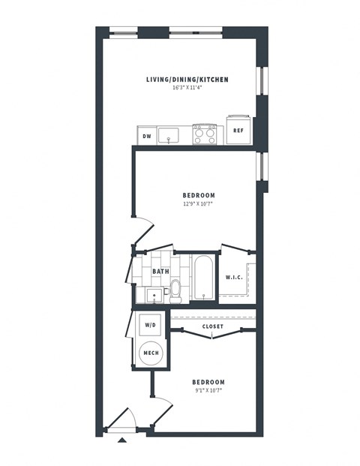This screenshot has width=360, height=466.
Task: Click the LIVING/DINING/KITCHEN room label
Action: tap(187, 80)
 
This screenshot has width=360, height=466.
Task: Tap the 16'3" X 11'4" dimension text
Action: tap(187, 89)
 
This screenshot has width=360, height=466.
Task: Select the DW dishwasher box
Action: tap(146, 136)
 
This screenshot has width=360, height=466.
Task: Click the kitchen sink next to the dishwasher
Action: tap(169, 135)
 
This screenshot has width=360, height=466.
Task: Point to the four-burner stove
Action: tap(205, 134)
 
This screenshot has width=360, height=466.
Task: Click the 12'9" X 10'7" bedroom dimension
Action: tap(199, 203)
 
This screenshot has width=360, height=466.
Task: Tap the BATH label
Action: tap(160, 272)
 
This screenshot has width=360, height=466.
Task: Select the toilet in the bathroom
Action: tap(176, 291)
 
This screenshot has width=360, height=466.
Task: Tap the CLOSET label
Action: tap(213, 326)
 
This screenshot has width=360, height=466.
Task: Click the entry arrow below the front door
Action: tap(122, 440)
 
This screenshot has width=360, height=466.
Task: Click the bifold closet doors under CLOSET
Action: tap(213, 335)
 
